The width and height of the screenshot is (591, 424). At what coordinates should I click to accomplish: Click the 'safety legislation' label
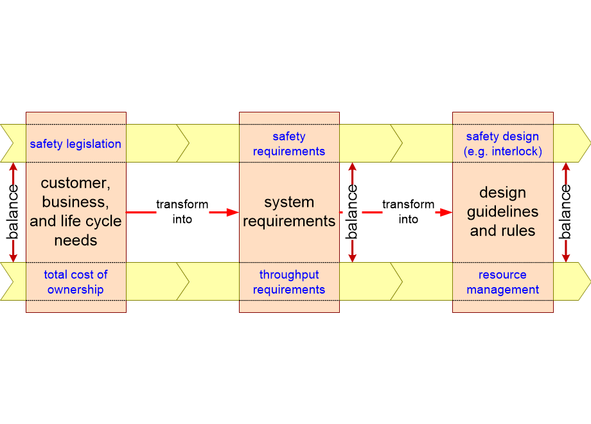point(75,144)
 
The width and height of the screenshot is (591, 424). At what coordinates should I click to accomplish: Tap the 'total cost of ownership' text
point(75,282)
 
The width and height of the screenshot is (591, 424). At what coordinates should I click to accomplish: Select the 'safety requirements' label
point(289,144)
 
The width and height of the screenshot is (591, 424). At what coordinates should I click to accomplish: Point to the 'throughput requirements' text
point(289,282)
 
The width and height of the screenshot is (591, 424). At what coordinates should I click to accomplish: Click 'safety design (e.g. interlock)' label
point(502,144)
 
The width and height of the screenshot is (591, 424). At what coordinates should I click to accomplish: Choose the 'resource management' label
point(502,282)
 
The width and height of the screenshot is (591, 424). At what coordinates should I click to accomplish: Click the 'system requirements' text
point(289,212)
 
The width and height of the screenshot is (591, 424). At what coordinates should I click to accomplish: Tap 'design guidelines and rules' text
point(502,212)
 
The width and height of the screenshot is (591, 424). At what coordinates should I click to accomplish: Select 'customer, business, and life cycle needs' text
point(75,212)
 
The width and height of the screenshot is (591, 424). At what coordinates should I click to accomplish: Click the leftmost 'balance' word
point(13,212)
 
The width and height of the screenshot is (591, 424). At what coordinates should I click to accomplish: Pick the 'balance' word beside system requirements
point(352,212)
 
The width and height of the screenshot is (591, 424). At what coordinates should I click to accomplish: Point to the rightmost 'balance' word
point(565,212)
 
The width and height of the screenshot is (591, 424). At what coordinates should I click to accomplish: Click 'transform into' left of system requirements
point(182,211)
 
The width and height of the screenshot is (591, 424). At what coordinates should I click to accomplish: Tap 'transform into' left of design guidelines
point(409,211)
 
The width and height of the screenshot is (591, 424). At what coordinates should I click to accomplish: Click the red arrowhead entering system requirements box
point(233,211)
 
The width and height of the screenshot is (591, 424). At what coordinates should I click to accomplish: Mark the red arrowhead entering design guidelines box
point(446,211)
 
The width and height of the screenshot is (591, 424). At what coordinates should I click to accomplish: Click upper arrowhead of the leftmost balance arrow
point(13,168)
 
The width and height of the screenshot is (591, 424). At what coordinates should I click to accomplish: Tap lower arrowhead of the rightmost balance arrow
point(565,257)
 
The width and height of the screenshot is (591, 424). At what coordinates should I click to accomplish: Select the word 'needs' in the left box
point(75,241)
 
